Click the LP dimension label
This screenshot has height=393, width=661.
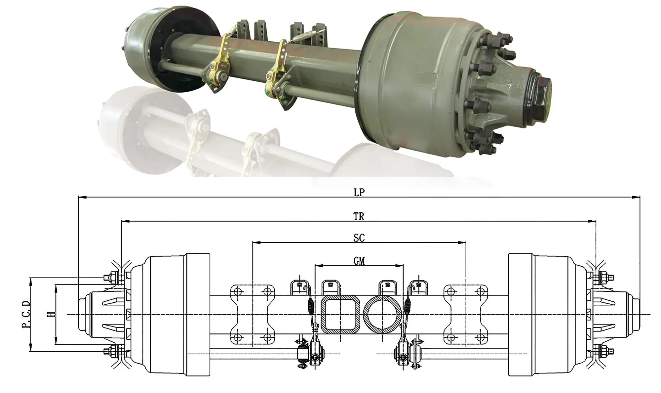pyautogui.click(x=359, y=193)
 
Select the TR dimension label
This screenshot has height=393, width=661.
pyautogui.click(x=359, y=217)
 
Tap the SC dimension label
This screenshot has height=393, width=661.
pyautogui.click(x=359, y=238)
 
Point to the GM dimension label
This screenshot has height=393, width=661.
pyautogui.click(x=359, y=261)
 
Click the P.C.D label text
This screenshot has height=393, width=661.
pyautogui.click(x=26, y=314)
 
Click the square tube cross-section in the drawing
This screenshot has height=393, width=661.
pyautogui.click(x=340, y=314)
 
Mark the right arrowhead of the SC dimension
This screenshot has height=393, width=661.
pyautogui.click(x=463, y=242)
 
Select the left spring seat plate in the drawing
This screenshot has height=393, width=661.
pyautogui.click(x=253, y=314)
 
